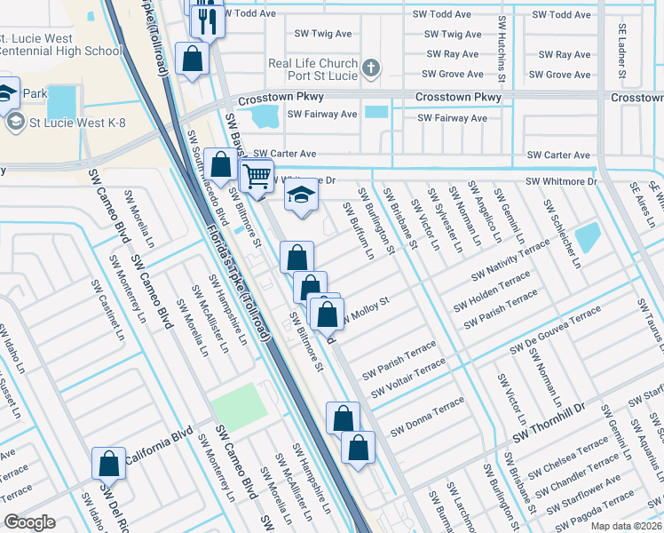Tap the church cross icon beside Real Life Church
372,68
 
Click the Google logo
30,522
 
